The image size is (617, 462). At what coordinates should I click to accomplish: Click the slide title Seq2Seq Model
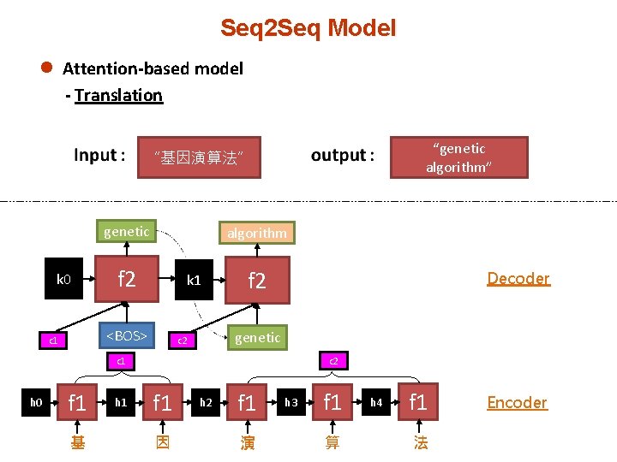click(x=308, y=28)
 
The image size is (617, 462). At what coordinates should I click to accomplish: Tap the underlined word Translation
click(x=118, y=95)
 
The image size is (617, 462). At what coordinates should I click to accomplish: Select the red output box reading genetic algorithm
click(x=458, y=157)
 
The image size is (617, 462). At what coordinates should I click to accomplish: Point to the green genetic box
click(x=126, y=231)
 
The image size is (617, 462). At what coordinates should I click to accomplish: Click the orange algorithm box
click(x=256, y=233)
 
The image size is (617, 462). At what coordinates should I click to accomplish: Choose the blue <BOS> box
click(x=126, y=336)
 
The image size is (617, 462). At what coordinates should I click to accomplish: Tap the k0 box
click(x=63, y=280)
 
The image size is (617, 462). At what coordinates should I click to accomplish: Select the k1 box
click(x=194, y=280)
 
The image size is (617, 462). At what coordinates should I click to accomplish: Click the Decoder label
click(x=518, y=278)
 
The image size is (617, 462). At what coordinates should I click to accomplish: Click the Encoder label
click(x=517, y=402)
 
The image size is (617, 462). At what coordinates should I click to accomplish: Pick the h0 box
click(x=36, y=402)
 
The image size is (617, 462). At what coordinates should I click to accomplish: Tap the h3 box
click(x=291, y=402)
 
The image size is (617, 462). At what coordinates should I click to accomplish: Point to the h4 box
click(x=375, y=402)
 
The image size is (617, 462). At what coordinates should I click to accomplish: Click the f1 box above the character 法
click(x=417, y=402)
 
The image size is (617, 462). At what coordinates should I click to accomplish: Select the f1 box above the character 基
click(x=77, y=402)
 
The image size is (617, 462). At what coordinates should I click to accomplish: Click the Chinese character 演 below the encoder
click(x=248, y=442)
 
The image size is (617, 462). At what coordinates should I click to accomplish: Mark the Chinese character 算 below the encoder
click(x=332, y=442)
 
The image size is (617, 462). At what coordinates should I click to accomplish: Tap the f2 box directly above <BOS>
click(x=126, y=280)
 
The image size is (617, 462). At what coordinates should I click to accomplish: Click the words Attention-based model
click(x=153, y=68)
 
